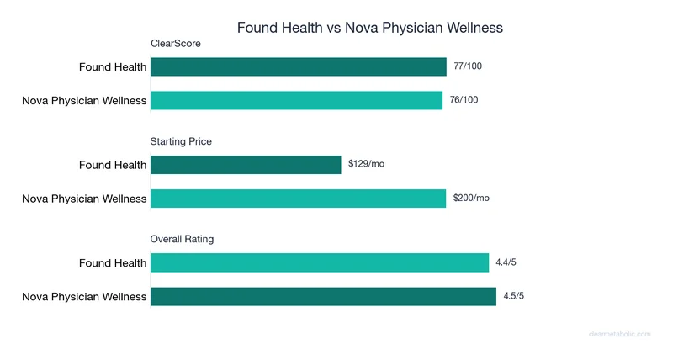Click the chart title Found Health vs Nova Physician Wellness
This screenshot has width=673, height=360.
pyautogui.click(x=370, y=28)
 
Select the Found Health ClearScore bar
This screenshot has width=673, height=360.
pyautogui.click(x=299, y=67)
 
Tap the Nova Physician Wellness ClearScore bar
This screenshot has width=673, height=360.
pyautogui.click(x=297, y=100)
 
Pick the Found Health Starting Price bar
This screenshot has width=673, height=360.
pyautogui.click(x=246, y=165)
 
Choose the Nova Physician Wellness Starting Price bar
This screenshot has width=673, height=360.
pyautogui.click(x=299, y=199)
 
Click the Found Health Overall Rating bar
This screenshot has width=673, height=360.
pyautogui.click(x=320, y=263)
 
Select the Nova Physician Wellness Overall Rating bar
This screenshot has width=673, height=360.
pyautogui.click(x=324, y=296)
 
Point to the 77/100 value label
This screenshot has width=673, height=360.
pyautogui.click(x=468, y=66)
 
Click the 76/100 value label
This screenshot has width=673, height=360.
pyautogui.click(x=464, y=100)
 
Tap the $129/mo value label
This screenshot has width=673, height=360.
pyautogui.click(x=366, y=164)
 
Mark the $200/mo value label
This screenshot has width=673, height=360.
pyautogui.click(x=471, y=198)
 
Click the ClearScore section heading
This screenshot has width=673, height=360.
pyautogui.click(x=175, y=43)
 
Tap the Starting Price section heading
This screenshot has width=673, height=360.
pyautogui.click(x=181, y=141)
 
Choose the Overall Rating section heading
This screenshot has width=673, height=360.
pyautogui.click(x=182, y=239)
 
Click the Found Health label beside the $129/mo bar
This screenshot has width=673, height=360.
pyautogui.click(x=113, y=165)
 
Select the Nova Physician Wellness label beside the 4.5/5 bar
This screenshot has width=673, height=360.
pyautogui.click(x=84, y=296)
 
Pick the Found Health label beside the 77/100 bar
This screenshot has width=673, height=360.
pyautogui.click(x=113, y=67)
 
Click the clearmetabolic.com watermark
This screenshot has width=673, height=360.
pyautogui.click(x=619, y=334)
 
